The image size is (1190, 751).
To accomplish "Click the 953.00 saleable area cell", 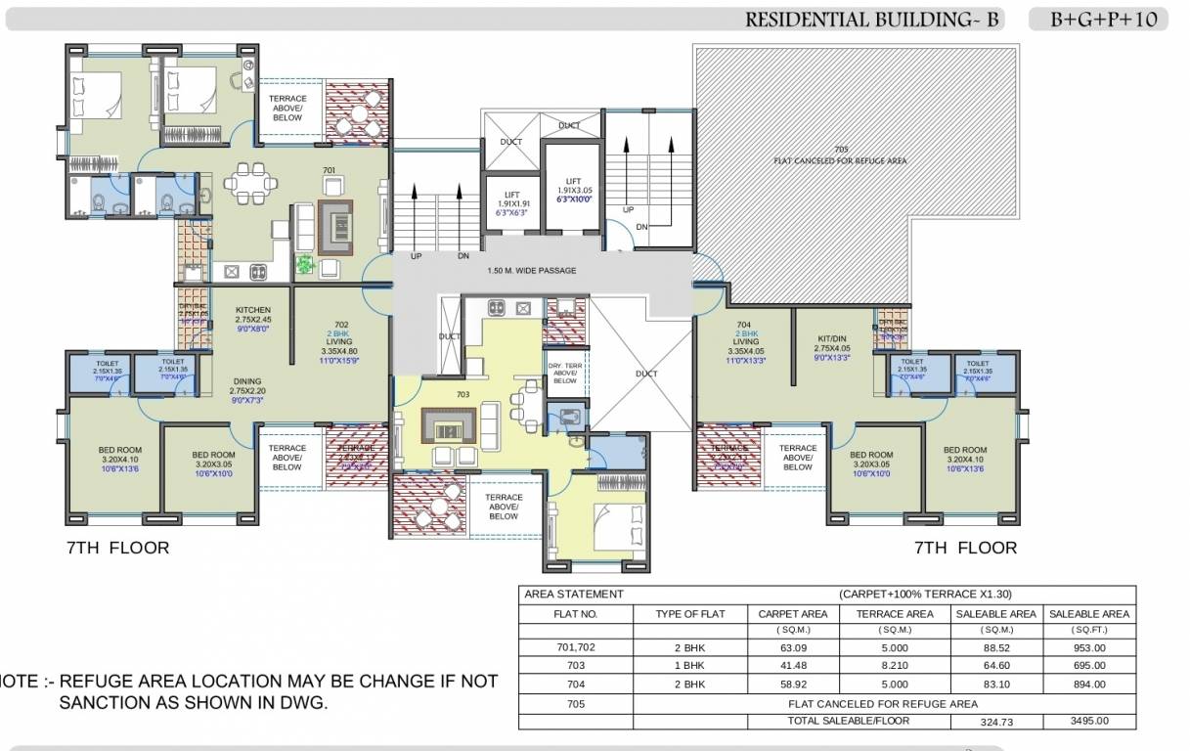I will tap(1088, 647).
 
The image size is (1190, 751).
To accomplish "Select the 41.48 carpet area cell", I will tap(793, 666).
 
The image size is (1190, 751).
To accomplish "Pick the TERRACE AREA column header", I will tap(895, 614).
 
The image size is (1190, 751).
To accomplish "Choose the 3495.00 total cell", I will tap(1088, 722).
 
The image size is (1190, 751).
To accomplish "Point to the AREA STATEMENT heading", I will tap(574, 594).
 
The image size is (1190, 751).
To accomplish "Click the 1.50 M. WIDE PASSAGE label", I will tap(531, 271).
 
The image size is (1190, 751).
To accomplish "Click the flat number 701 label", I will tap(330, 171).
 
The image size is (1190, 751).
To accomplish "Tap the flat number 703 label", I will tap(463, 395).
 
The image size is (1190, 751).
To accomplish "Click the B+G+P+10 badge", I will tap(1098, 20).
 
